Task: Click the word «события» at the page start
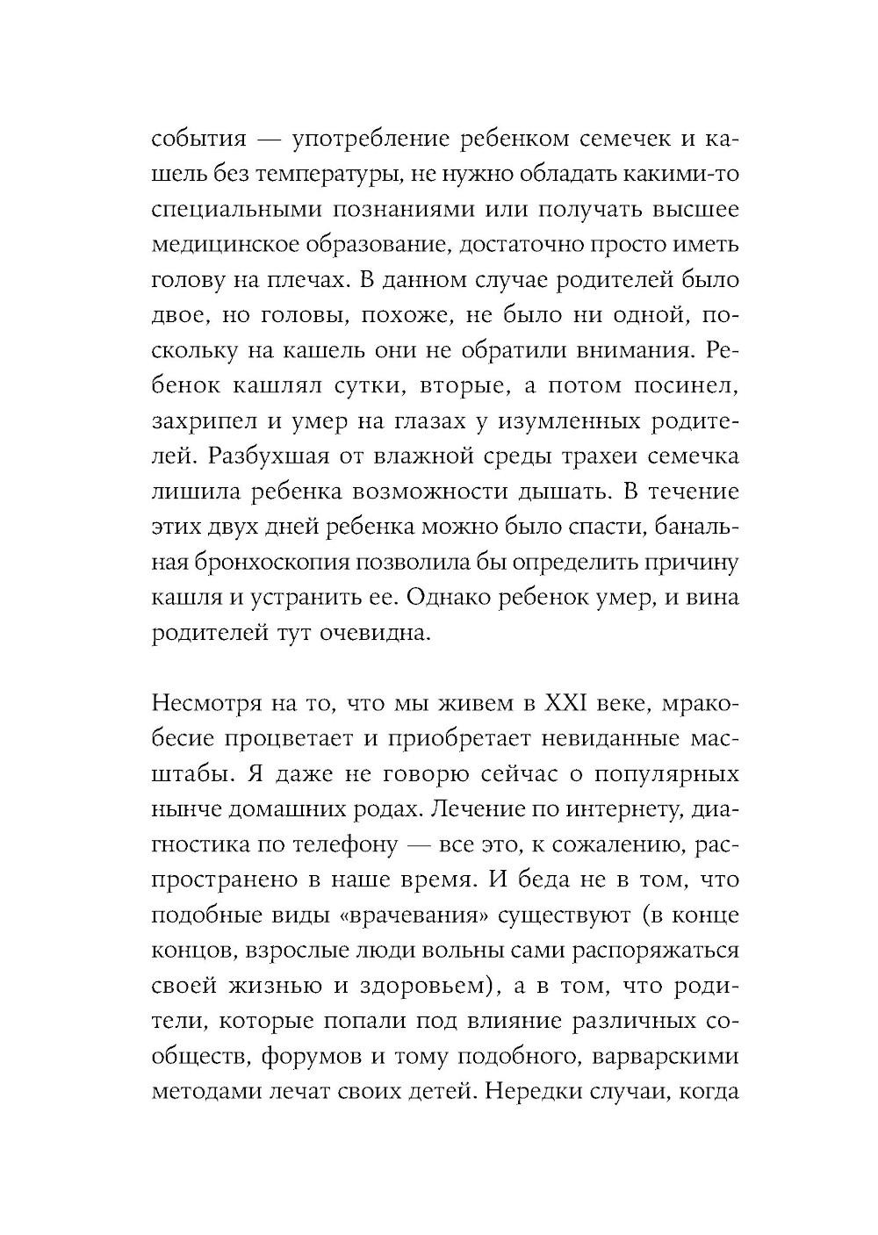coord(198,140)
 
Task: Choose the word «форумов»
coord(310,1057)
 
